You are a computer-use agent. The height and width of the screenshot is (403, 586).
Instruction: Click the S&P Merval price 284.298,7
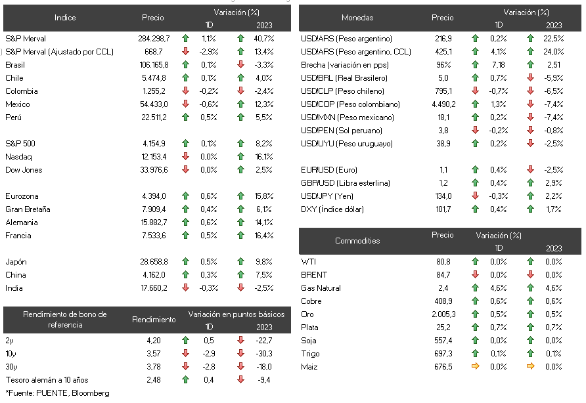(x=154, y=39)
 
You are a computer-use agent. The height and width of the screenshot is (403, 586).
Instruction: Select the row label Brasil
(x=15, y=64)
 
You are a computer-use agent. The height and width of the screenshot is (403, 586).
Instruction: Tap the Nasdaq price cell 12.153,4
(x=154, y=157)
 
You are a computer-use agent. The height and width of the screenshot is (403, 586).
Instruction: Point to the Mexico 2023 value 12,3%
(x=264, y=104)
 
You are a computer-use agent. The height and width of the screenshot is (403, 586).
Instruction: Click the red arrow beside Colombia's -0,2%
(x=185, y=91)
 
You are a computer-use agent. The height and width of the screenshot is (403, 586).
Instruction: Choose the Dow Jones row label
(x=24, y=170)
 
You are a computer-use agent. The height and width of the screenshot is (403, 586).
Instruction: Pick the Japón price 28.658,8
(x=154, y=262)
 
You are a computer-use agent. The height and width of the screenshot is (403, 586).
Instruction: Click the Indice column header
(x=65, y=18)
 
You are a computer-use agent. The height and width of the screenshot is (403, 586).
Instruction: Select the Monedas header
(x=357, y=18)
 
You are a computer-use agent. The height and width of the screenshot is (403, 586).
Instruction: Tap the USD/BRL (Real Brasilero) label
(x=344, y=78)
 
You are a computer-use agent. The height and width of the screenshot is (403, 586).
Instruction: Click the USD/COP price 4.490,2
(x=443, y=104)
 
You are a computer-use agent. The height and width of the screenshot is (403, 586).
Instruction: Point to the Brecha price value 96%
(x=443, y=64)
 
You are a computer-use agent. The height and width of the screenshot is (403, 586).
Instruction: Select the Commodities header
(x=357, y=241)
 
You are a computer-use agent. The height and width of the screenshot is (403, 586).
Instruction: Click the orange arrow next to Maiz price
(x=476, y=366)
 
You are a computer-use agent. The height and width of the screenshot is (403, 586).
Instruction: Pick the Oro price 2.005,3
(x=443, y=314)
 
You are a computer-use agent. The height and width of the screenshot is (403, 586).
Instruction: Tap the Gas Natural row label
(x=321, y=288)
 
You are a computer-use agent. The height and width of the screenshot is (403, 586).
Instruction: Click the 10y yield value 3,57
(x=154, y=354)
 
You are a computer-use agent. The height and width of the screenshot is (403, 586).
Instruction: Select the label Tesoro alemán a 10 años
(x=47, y=380)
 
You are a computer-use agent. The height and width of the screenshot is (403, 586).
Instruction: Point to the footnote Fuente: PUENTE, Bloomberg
(x=58, y=393)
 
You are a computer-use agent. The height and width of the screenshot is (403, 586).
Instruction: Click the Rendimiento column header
(x=154, y=320)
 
